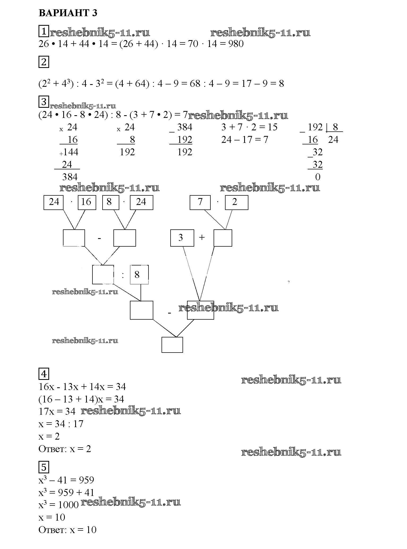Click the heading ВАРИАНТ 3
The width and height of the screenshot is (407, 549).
pos(68,13)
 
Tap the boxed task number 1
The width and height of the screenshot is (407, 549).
pos(44,31)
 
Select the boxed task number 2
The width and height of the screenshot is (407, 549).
pos(44,62)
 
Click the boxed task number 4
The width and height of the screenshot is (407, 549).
pos(44,374)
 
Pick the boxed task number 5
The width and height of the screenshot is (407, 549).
pos(44,467)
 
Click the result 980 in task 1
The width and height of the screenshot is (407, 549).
pos(235,44)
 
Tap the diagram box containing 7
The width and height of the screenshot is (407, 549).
pos(200,202)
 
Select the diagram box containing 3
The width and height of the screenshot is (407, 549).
pos(182,238)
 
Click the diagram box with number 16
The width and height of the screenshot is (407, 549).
pos(87,202)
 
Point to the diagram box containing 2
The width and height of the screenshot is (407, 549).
pos(236,202)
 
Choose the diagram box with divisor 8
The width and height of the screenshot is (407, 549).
pos(139,274)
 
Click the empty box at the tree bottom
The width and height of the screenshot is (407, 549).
pos(172,345)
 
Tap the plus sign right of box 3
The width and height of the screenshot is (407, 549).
pos(202,237)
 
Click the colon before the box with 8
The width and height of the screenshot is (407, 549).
pos(123,275)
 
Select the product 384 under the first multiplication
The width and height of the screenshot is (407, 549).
pos(70,177)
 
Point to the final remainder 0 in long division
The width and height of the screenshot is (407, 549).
pos(318,177)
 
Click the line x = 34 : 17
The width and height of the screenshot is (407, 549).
pos(61,424)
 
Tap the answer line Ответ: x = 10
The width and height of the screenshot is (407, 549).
pos(67,530)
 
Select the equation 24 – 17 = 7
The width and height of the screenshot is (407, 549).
pos(245,140)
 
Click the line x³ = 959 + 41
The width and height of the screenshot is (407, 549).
pos(66,493)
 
